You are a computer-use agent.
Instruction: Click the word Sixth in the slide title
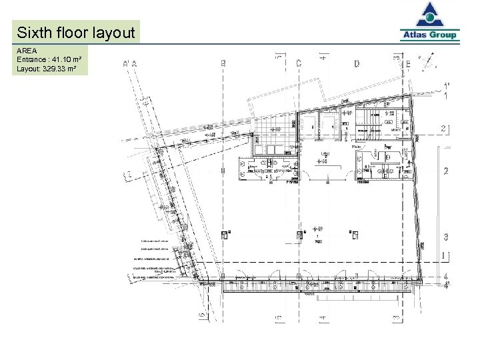(x=35, y=32)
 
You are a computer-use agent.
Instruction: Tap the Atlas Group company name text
(x=429, y=35)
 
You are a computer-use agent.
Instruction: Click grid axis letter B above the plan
(x=223, y=63)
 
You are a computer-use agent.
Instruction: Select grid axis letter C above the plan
(x=299, y=63)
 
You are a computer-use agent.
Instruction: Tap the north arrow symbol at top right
(x=427, y=61)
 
